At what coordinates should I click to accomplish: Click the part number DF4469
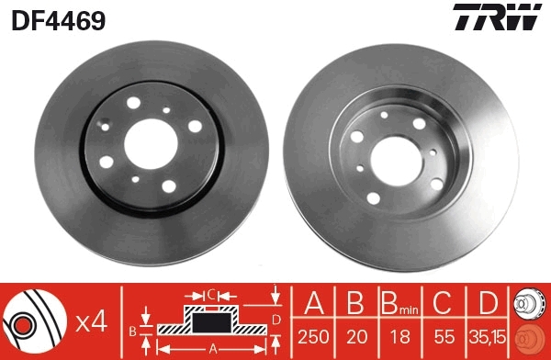(57, 19)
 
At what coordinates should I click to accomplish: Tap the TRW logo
(496, 19)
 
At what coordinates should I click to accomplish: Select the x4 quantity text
(93, 320)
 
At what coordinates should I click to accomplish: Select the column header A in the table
(314, 304)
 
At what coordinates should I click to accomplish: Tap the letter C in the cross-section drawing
(210, 295)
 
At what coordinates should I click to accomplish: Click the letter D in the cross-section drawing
(276, 319)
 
